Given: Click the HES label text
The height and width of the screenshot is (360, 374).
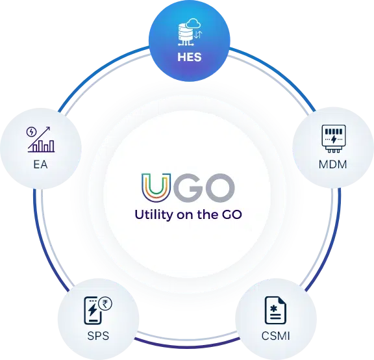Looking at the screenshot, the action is tap(190, 57).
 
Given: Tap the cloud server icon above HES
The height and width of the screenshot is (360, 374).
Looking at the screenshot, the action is tap(190, 32).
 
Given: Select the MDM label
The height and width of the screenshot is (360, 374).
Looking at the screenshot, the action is tap(332, 164).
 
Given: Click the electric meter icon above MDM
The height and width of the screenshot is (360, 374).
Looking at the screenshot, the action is tap(334, 138).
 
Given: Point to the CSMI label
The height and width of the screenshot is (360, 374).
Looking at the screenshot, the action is tap(276, 336).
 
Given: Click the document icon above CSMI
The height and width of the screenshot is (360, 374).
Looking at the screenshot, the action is tap(275, 311).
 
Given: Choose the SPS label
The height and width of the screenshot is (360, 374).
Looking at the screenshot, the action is tap(98, 336).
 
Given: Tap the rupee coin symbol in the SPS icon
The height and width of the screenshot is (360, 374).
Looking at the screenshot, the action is tap(105, 303).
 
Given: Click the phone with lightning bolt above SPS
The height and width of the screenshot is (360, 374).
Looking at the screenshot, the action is tap(93, 311).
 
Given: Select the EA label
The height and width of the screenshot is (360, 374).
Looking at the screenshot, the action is tap(40, 164).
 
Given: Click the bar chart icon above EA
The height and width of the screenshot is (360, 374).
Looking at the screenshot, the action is tap(41, 140).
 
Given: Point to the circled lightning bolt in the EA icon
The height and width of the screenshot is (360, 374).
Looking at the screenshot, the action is tap(31, 131).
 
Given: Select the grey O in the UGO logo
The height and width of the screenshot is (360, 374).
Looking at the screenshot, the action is tap(219, 188).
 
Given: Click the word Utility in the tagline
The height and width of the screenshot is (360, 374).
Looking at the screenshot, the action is tap(154, 214).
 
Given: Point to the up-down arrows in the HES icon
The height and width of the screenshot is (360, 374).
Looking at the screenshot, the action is tap(198, 35).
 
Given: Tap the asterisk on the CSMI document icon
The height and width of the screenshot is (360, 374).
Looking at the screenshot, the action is tap(273, 309).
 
